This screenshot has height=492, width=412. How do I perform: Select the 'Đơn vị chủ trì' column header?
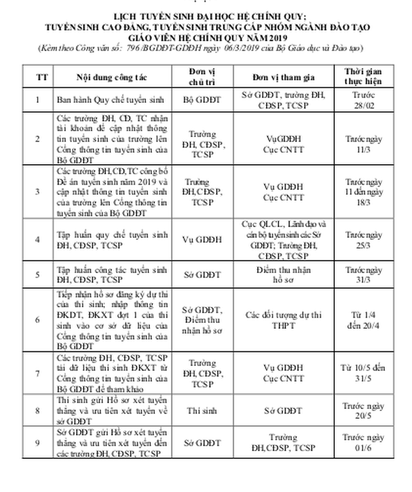coord(203,77)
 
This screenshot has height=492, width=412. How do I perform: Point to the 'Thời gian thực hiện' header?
coord(364,77)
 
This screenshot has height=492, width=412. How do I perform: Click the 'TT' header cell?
coord(38,77)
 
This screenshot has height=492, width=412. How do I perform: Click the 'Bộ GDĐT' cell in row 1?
coord(203,99)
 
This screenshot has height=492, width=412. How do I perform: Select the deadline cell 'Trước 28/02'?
coord(364,99)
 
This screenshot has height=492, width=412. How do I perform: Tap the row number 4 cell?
coord(38,240)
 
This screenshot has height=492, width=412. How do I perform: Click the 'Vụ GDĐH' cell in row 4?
coord(203,240)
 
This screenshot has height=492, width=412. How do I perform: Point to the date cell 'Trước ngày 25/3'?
coord(364,239)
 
